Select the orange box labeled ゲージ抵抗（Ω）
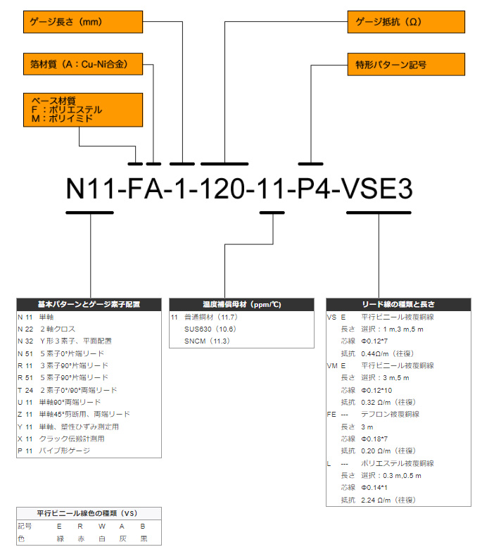(x=406, y=22)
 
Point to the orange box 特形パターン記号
(x=406, y=65)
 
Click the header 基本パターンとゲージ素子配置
(x=89, y=305)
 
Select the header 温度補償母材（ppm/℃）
(x=242, y=305)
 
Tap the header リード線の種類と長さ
(x=398, y=305)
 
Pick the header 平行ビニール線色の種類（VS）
(x=89, y=513)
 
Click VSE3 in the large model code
(x=377, y=189)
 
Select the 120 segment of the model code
(x=224, y=189)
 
